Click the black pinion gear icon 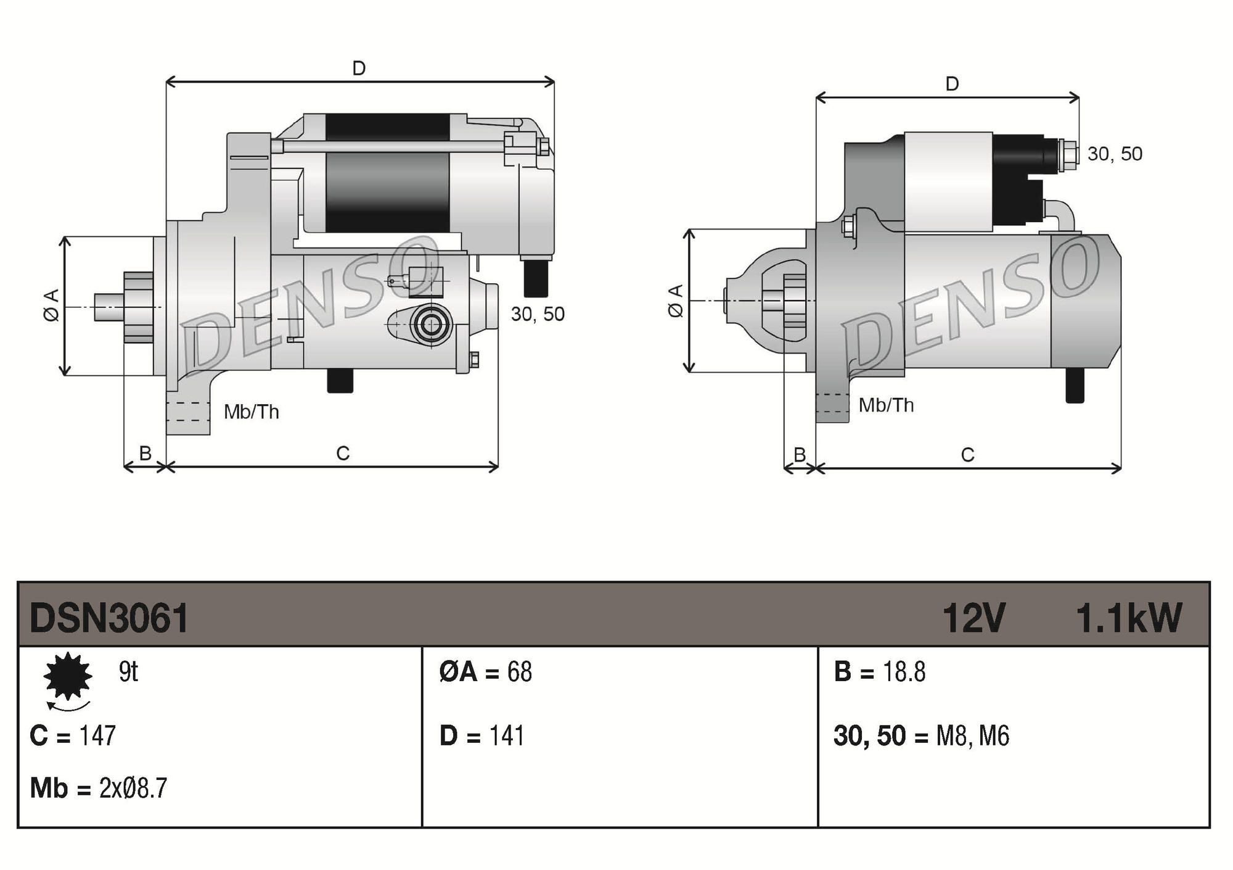(68, 676)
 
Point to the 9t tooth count (128, 671)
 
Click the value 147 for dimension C (97, 735)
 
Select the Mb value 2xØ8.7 (133, 788)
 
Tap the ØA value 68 (519, 671)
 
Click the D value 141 (506, 735)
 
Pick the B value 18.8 (904, 671)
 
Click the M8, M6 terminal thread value (972, 735)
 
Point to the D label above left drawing (359, 68)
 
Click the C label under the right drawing (967, 455)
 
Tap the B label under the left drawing (145, 453)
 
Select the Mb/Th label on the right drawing (886, 405)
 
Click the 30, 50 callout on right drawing (1115, 154)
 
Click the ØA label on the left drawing (52, 305)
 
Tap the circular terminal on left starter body (430, 324)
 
